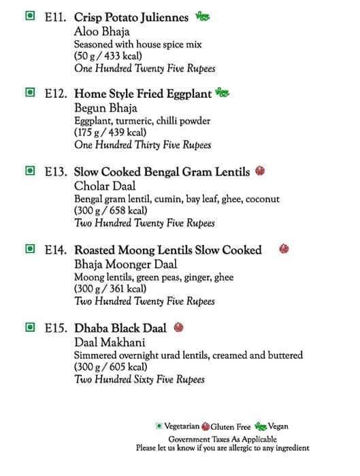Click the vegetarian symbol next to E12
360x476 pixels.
point(29,92)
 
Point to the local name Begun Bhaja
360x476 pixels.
point(105,108)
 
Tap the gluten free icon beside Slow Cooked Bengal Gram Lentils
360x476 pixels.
point(260,171)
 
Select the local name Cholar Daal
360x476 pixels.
point(105,186)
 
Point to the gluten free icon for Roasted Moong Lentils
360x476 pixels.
point(284,249)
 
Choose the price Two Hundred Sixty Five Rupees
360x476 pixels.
point(140,379)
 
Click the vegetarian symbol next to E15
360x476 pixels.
point(29,327)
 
